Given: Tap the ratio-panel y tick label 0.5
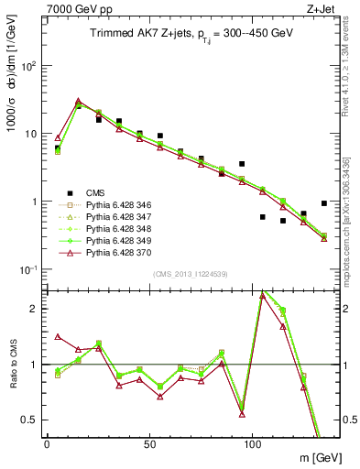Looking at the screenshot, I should [32, 419].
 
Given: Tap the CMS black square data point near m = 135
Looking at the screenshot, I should [324, 203].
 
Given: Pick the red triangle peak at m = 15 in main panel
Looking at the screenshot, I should [78, 102].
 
